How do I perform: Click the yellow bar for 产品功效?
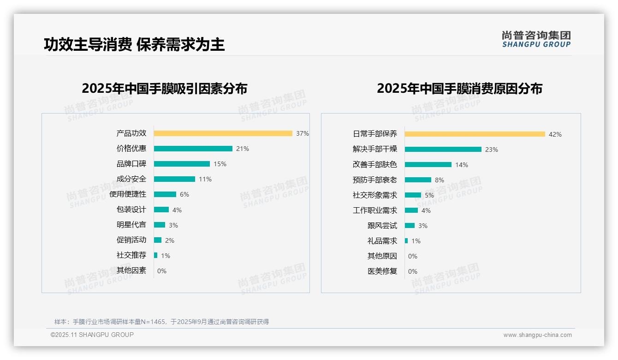coord(223,133)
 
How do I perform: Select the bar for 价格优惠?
coord(193,149)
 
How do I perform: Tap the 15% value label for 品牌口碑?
coord(220,164)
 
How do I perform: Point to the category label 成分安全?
coord(131,179)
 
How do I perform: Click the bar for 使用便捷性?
coord(165,194)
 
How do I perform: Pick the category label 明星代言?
coord(131,225)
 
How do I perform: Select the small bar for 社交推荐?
coord(156,255)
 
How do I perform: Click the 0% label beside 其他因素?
coord(162,271)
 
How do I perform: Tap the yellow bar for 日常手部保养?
coord(475,134)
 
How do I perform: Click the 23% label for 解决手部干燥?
coord(492,150)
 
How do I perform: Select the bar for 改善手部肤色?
coord(428,165)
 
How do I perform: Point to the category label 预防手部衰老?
coord(374,180)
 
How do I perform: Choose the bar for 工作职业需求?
coord(411,210)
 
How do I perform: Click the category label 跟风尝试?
coord(382,226)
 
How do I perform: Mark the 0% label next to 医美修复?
coord(413,271)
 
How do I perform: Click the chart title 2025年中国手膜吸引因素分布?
coord(164,89)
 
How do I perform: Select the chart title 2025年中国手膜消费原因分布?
coord(459,89)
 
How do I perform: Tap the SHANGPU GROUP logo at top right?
coord(536,39)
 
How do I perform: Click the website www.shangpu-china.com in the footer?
coord(537,335)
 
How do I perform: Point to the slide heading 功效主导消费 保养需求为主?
coord(134,45)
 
